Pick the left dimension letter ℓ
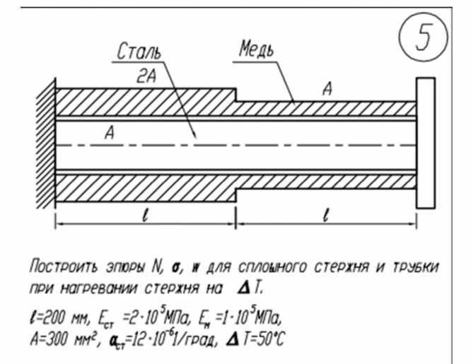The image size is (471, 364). point(146,216)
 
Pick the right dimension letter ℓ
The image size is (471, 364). point(325,216)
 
